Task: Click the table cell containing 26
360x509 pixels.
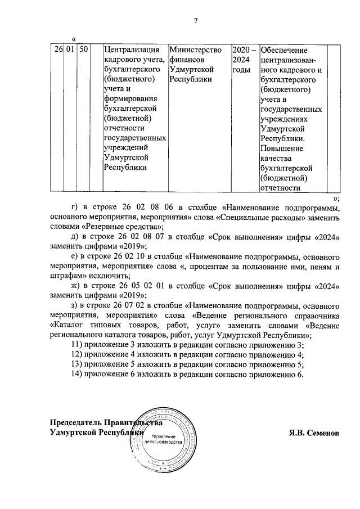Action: pyautogui.click(x=57, y=50)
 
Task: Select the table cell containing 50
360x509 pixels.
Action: pyautogui.click(x=84, y=50)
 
